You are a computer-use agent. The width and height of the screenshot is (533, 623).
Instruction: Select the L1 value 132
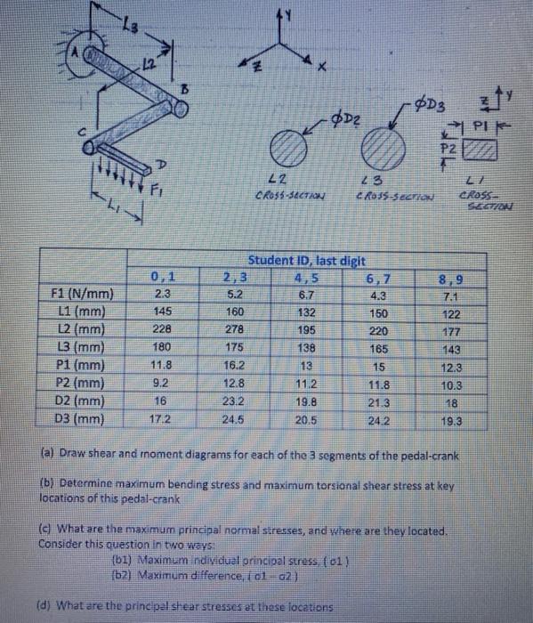(305, 311)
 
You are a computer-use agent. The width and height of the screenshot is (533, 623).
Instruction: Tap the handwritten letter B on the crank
(185, 87)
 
